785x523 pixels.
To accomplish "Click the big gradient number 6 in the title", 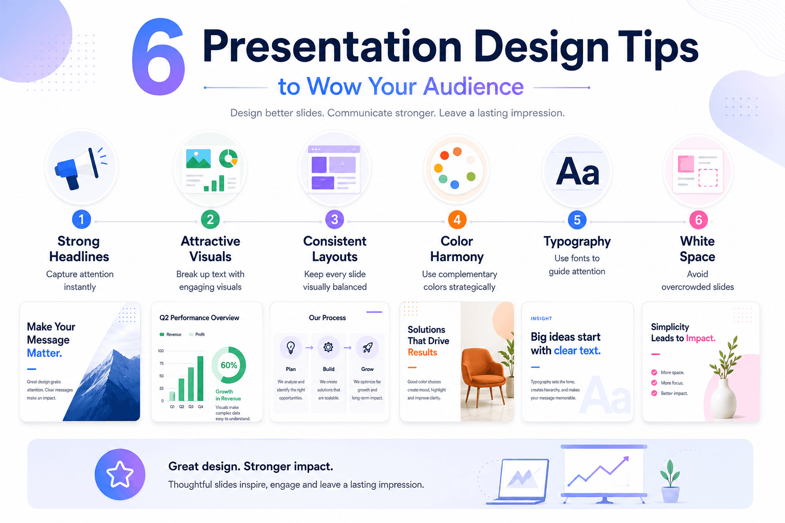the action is (158, 57).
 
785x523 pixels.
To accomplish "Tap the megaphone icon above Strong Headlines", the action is (81, 169).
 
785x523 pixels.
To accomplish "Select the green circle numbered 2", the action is (210, 220).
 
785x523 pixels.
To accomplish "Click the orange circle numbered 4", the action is (457, 220).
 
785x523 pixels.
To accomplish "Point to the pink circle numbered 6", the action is (698, 220).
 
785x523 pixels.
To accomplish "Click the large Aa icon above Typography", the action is (577, 172).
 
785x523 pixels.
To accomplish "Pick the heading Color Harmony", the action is (456, 249).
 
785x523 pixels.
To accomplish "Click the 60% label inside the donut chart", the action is (229, 365).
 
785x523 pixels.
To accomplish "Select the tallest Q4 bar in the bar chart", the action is (200, 378).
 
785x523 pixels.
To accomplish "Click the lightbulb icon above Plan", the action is (290, 347).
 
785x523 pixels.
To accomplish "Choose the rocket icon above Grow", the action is (367, 347).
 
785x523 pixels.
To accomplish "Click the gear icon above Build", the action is (329, 347).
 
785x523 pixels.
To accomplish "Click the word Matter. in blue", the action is (44, 353).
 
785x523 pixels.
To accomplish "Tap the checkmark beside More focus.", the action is (654, 383).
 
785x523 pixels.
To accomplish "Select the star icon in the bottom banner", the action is (120, 474).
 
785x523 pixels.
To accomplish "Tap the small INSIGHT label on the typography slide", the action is (541, 318).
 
